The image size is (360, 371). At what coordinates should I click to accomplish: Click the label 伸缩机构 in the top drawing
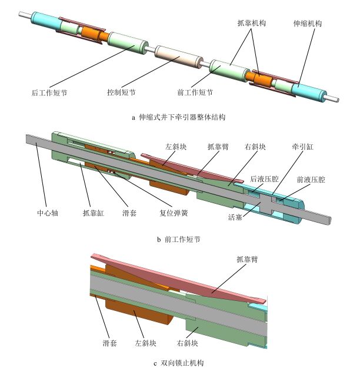(x=308, y=24)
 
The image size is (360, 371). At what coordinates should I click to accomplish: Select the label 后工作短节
(x=49, y=92)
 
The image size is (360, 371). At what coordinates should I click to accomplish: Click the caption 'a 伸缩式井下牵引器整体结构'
(x=179, y=117)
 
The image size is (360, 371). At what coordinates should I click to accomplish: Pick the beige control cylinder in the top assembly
(x=178, y=58)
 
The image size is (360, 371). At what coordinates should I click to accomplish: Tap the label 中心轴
(x=48, y=213)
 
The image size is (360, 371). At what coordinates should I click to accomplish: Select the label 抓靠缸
(x=92, y=213)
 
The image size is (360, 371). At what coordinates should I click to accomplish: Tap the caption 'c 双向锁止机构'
(x=179, y=362)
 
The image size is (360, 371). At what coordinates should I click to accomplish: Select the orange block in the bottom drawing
(x=138, y=312)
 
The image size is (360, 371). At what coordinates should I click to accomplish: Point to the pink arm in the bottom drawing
(x=194, y=280)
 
